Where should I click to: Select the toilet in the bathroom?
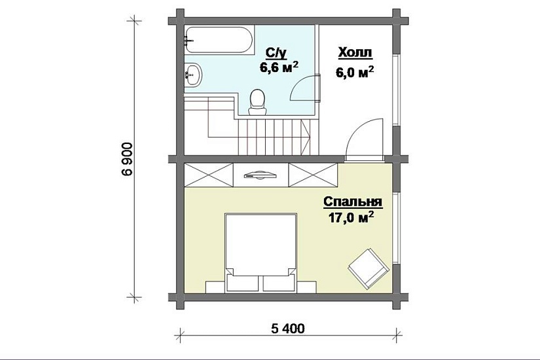(257, 101)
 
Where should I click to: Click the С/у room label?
(276, 54)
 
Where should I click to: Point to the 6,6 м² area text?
(279, 67)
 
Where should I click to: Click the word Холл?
(355, 53)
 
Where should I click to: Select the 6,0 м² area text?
(355, 71)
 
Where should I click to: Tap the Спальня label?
(353, 202)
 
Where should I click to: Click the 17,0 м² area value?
(352, 218)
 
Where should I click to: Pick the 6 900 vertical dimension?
(127, 159)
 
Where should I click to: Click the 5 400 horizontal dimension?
(288, 329)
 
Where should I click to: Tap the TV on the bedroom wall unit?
(261, 175)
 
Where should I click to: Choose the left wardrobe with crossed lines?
(209, 175)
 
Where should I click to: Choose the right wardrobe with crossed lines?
(313, 175)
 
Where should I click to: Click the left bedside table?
(215, 287)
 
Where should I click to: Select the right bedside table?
(306, 287)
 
